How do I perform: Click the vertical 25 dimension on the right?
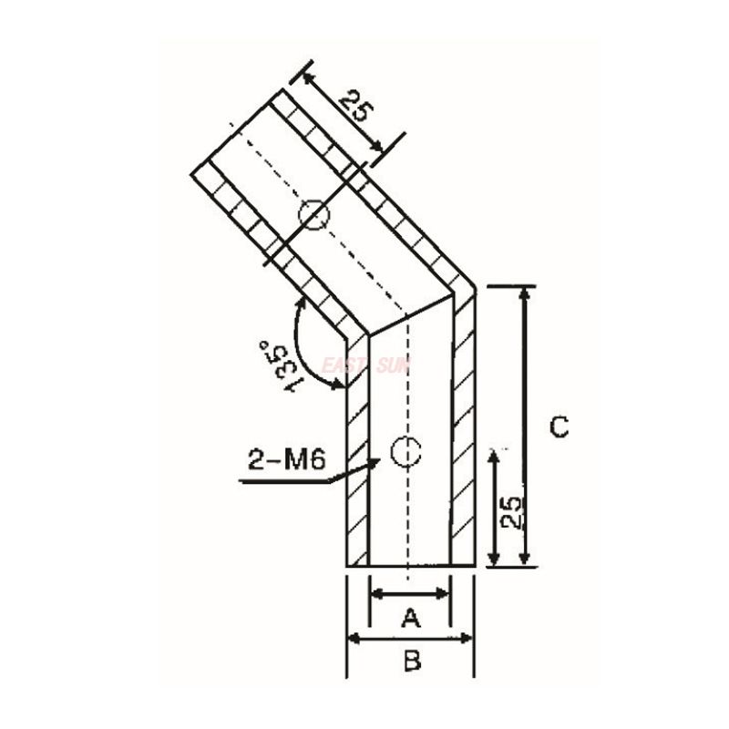[511, 517]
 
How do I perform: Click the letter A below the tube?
[410, 619]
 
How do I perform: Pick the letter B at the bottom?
[412, 662]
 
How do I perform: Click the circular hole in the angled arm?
[313, 216]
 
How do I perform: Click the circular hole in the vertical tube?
[405, 449]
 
